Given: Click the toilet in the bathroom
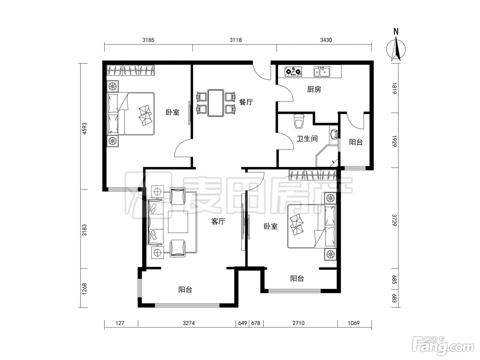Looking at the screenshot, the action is point(299,121).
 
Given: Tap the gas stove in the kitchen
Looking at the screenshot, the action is point(293,71).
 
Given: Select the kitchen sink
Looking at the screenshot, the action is point(322,71).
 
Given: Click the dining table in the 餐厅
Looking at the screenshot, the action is point(216,103).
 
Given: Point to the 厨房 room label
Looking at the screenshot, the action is point(314,89).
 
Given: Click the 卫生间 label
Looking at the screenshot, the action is point(307,139).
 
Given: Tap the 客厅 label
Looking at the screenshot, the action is point(218,221).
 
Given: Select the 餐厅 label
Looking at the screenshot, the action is point(246,102).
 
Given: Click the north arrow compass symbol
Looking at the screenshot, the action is point(396,49).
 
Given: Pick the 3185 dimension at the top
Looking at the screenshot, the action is point(148,40).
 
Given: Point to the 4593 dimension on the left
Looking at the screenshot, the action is point(84,129).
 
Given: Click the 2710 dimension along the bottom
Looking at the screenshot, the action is point(299,323).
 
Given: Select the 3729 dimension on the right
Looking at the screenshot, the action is point(394,220).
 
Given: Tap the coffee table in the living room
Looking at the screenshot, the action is point(178,222).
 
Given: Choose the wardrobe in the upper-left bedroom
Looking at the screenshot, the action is point(131,70).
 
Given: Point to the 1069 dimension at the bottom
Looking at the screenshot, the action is point(353,323).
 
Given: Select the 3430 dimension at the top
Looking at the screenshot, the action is point(326,40).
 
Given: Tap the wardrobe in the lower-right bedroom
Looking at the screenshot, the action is point(313,175).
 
